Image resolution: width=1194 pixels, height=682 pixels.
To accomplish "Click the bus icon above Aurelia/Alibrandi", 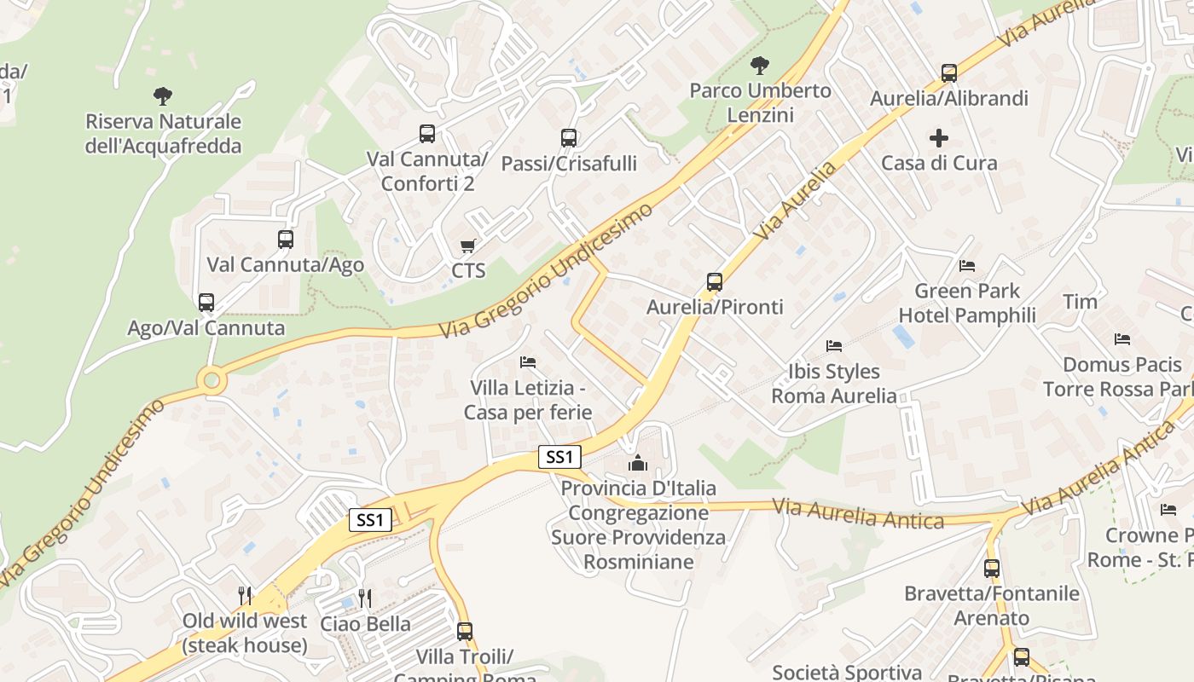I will (x=948, y=73).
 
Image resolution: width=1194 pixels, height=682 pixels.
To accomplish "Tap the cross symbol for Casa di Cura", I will (x=938, y=138).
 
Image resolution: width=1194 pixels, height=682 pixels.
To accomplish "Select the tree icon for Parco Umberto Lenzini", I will (x=759, y=66).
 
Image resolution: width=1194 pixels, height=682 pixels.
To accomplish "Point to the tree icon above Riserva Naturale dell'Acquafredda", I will (x=162, y=96).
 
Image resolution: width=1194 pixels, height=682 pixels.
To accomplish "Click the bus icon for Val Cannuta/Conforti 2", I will (x=427, y=134).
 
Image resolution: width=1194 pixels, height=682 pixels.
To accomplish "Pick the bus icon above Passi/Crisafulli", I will (x=569, y=137).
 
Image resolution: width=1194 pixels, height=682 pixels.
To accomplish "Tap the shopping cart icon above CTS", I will (x=467, y=246).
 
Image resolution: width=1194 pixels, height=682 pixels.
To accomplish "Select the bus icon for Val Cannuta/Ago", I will (x=286, y=240).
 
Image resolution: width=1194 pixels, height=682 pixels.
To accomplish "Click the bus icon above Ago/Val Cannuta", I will (x=206, y=303).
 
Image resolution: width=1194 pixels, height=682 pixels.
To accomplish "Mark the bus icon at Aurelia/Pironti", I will (x=715, y=282).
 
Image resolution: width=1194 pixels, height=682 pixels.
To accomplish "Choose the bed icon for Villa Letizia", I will (x=527, y=362).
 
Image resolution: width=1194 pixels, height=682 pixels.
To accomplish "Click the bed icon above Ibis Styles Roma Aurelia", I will (x=834, y=346).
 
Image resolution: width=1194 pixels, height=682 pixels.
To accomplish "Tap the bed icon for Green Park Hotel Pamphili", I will (x=966, y=266).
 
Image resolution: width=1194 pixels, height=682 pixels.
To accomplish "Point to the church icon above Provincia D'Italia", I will (x=638, y=463).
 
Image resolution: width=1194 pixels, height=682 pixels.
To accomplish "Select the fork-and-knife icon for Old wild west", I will (x=245, y=595).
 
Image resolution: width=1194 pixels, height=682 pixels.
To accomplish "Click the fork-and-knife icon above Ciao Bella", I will (x=365, y=598).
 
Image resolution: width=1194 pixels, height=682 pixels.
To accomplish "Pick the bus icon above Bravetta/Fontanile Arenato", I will (x=991, y=569).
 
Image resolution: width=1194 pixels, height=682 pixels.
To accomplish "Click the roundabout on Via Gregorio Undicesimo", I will (x=212, y=380).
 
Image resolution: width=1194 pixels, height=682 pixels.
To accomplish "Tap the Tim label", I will (x=1080, y=302).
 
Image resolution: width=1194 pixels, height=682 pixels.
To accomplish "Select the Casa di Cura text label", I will (x=938, y=163).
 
